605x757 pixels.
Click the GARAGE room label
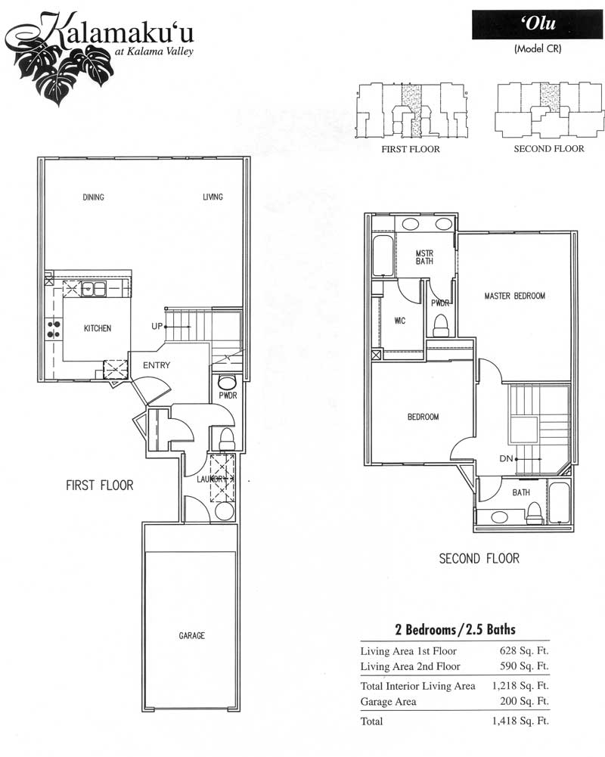191,636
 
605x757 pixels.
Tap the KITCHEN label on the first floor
98,328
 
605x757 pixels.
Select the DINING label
93,197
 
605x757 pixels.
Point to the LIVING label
213,197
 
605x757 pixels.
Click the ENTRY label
157,365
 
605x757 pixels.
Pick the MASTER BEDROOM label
515,296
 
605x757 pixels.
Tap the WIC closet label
400,321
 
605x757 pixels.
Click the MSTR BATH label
424,257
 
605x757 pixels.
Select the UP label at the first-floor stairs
157,326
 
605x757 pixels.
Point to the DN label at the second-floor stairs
506,458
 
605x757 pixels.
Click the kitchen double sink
94,289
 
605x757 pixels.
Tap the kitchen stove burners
54,329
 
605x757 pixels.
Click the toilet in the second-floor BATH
534,513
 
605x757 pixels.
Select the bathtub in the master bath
383,256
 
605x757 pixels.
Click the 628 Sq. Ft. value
524,651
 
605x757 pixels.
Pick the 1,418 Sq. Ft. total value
520,721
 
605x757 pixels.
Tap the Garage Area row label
388,702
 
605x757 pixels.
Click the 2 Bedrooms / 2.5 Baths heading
455,629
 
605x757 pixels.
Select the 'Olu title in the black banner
538,23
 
